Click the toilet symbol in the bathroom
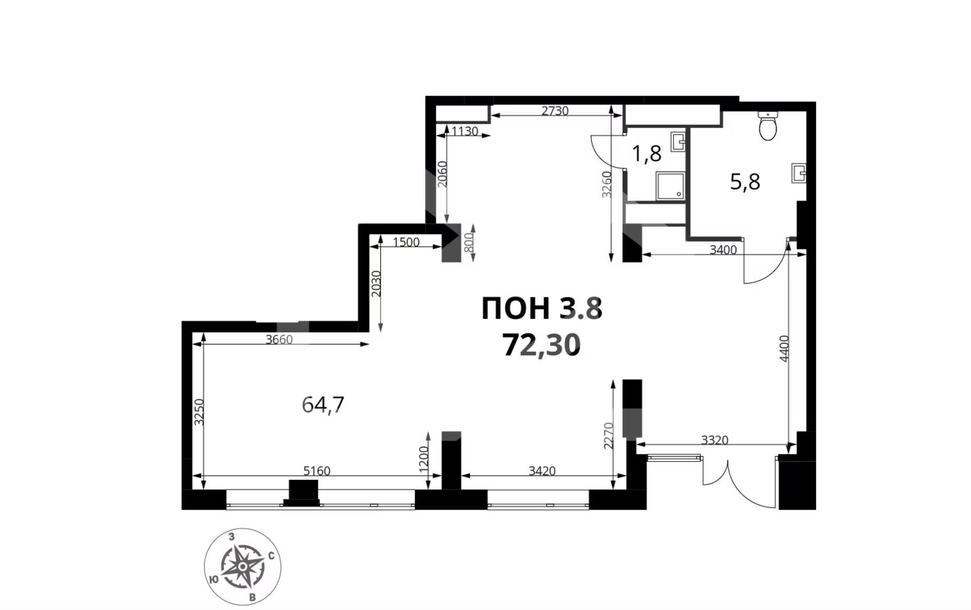click(768, 126)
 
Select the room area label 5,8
click(745, 182)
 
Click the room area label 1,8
click(647, 154)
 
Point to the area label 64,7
click(323, 405)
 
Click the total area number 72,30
click(541, 346)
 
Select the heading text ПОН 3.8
click(542, 308)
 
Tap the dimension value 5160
click(317, 471)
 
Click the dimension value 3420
click(542, 471)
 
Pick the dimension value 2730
click(555, 111)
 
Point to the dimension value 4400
click(784, 348)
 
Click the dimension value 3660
click(279, 340)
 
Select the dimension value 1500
click(406, 243)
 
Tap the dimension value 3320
click(715, 440)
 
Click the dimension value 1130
click(465, 131)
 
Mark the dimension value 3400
click(723, 250)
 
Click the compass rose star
click(243, 566)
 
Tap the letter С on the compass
click(271, 556)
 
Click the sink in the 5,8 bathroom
click(799, 173)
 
